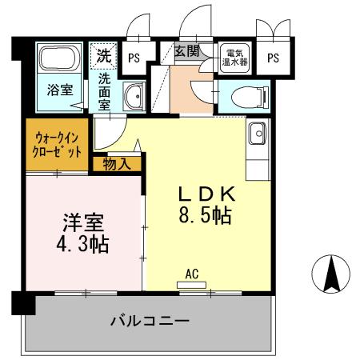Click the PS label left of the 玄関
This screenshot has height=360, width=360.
click(134, 57)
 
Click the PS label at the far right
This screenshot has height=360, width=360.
click(274, 57)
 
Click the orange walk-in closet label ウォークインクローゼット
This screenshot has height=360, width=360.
click(57, 146)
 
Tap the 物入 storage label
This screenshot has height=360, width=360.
click(119, 164)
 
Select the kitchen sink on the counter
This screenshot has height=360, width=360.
click(258, 134)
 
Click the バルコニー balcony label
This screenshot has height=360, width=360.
click(148, 322)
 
